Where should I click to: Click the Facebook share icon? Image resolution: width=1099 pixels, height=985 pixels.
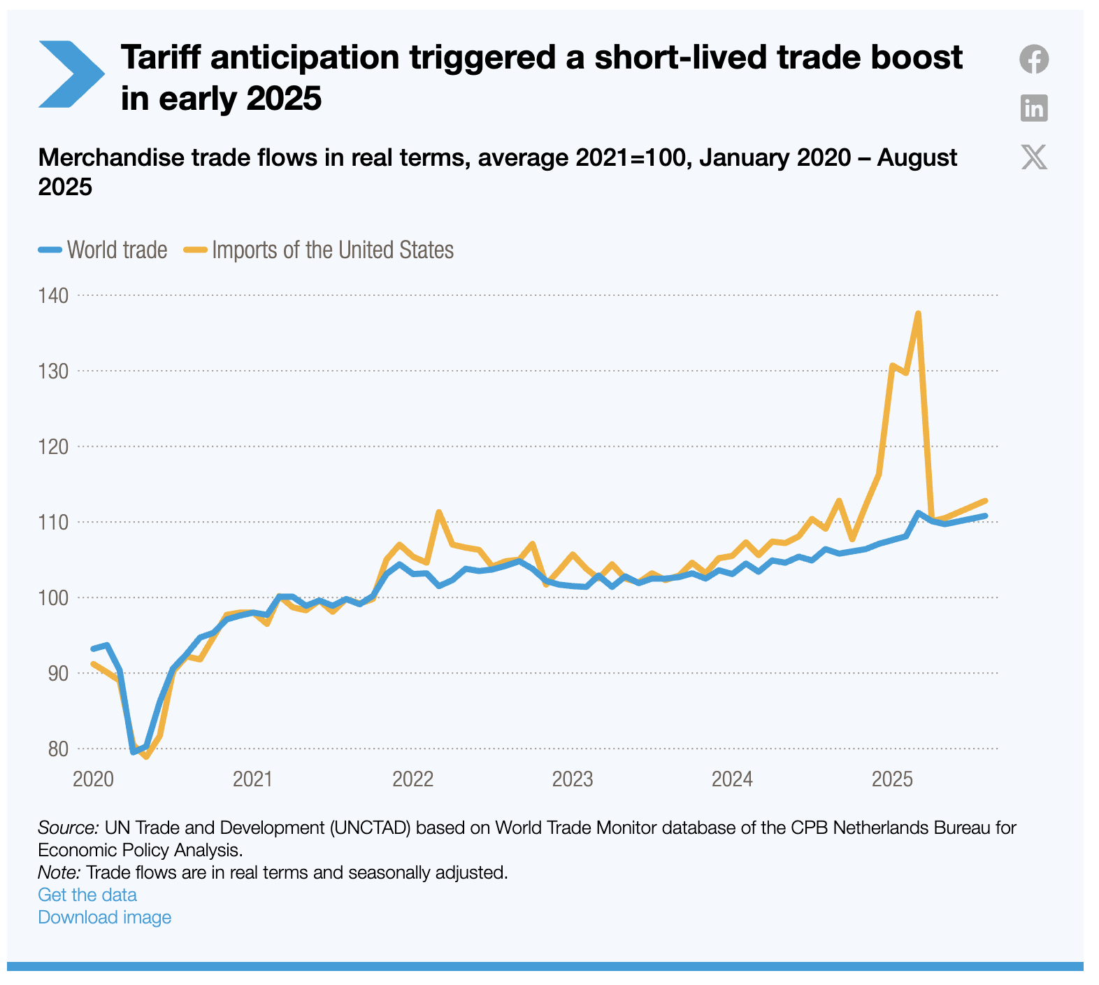(x=1033, y=59)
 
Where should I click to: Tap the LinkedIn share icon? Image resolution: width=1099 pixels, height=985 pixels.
(x=1033, y=108)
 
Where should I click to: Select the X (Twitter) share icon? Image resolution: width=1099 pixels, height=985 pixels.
(x=1033, y=157)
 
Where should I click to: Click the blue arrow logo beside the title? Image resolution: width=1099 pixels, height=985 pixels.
(x=71, y=74)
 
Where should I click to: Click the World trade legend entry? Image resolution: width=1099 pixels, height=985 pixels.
(x=103, y=250)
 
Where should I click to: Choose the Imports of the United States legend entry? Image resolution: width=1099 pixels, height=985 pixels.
(x=319, y=250)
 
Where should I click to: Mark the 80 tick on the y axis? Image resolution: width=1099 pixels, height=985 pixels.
(x=59, y=749)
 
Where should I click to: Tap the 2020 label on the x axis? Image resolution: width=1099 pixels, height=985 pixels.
(x=93, y=779)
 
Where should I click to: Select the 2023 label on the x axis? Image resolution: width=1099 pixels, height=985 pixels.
(x=572, y=779)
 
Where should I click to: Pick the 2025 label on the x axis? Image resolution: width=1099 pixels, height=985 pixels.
(x=892, y=779)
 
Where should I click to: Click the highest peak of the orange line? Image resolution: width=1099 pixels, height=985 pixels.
(x=918, y=313)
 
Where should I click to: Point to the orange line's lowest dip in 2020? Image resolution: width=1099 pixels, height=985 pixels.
(x=146, y=756)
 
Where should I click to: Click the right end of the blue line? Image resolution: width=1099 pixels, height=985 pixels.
(x=985, y=516)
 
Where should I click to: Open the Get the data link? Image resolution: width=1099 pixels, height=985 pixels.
(x=87, y=895)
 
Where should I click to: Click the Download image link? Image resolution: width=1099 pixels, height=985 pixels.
(x=104, y=917)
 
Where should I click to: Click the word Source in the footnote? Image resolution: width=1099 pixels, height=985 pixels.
(x=68, y=828)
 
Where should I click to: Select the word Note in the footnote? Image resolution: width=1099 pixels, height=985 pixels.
(x=59, y=872)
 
